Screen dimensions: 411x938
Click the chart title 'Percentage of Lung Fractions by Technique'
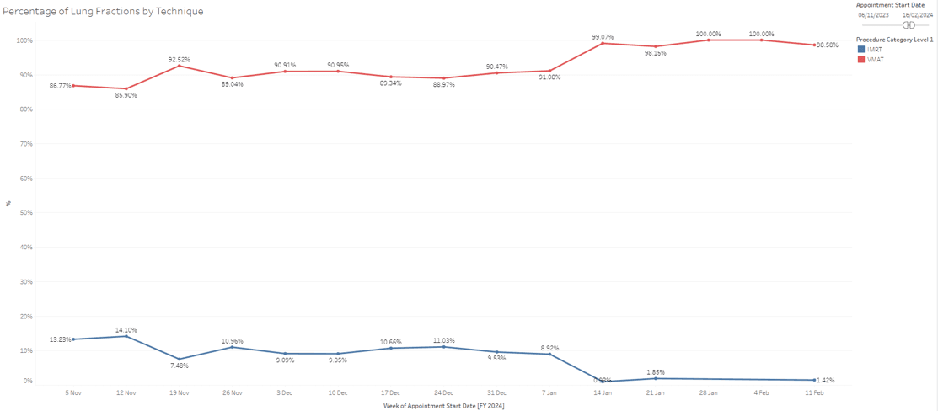tap(103, 11)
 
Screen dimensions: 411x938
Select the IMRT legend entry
tap(875, 50)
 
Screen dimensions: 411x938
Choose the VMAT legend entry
tap(875, 59)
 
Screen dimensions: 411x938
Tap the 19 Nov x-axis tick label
tap(180, 392)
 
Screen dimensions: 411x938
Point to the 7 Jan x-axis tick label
tap(549, 392)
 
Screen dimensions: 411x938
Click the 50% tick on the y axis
tap(25, 213)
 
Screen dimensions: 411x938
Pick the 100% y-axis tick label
tap(24, 40)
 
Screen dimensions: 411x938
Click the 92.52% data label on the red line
tap(180, 59)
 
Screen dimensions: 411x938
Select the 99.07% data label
tap(603, 37)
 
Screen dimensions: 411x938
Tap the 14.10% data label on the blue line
tap(126, 330)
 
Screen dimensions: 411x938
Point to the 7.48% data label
tap(180, 366)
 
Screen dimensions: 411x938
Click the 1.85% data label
tap(656, 371)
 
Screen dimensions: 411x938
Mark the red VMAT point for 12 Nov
tap(126, 88)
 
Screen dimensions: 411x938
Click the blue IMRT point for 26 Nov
tap(233, 347)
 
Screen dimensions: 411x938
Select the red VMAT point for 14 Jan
tap(603, 43)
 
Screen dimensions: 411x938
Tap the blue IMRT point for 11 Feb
tap(814, 380)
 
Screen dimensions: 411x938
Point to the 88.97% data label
tap(444, 84)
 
